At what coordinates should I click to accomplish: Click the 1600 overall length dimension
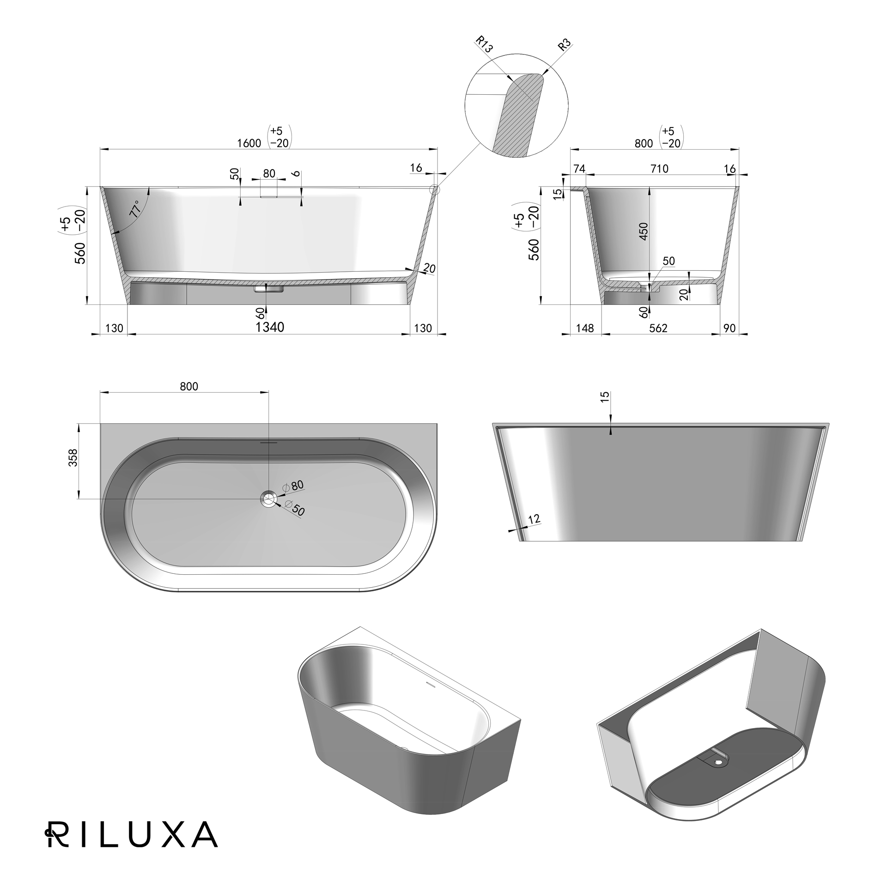click(x=249, y=143)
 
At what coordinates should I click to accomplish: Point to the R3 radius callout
click(x=564, y=45)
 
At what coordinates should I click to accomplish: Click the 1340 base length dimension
click(x=270, y=327)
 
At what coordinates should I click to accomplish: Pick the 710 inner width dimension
click(x=659, y=169)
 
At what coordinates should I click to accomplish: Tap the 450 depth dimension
click(x=644, y=231)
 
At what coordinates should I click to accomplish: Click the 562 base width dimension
click(x=658, y=328)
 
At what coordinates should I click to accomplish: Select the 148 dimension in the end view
click(x=585, y=328)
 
